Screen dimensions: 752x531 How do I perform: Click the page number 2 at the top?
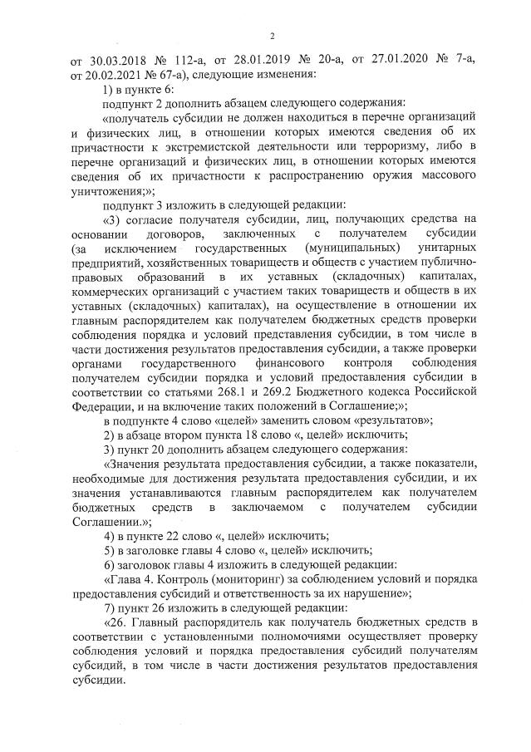272,34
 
